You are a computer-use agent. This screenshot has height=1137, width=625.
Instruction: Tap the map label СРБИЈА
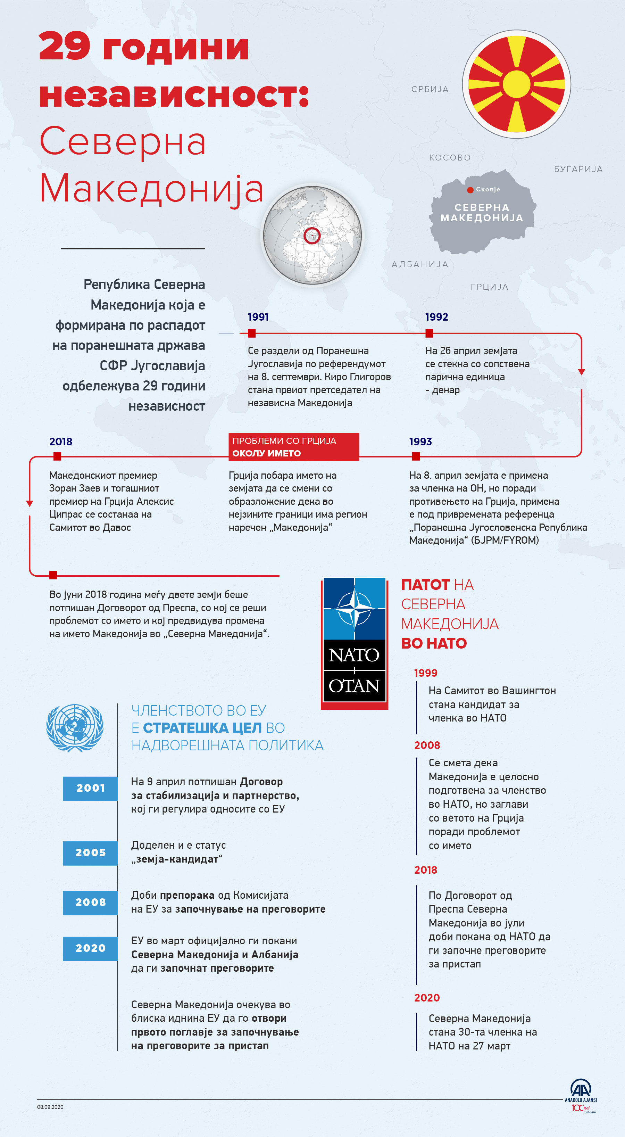coord(430,90)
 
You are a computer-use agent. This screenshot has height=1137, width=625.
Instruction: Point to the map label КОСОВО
coord(450,158)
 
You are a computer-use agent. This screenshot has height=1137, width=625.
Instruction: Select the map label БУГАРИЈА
coord(578,169)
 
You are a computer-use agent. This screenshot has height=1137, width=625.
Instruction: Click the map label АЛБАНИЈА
coord(420,264)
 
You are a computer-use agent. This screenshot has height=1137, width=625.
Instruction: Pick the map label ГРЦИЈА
coord(490,287)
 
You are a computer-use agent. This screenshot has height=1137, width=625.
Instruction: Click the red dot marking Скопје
coord(470,190)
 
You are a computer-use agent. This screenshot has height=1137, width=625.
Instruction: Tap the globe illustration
coord(312,235)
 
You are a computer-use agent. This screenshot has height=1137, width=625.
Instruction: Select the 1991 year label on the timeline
coord(258,317)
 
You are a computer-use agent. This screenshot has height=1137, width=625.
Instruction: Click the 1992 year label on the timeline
coord(436,317)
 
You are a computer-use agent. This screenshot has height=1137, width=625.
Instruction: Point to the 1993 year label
coord(420,442)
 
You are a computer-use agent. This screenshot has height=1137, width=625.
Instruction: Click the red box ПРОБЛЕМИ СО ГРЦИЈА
coord(293,447)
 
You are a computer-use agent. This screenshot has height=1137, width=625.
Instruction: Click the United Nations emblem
coord(75,728)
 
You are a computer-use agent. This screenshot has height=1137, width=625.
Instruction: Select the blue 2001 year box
coord(90,788)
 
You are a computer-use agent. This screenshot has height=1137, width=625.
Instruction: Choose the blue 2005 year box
coord(90,853)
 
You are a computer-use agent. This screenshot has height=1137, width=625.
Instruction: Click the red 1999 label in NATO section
coord(426,673)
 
